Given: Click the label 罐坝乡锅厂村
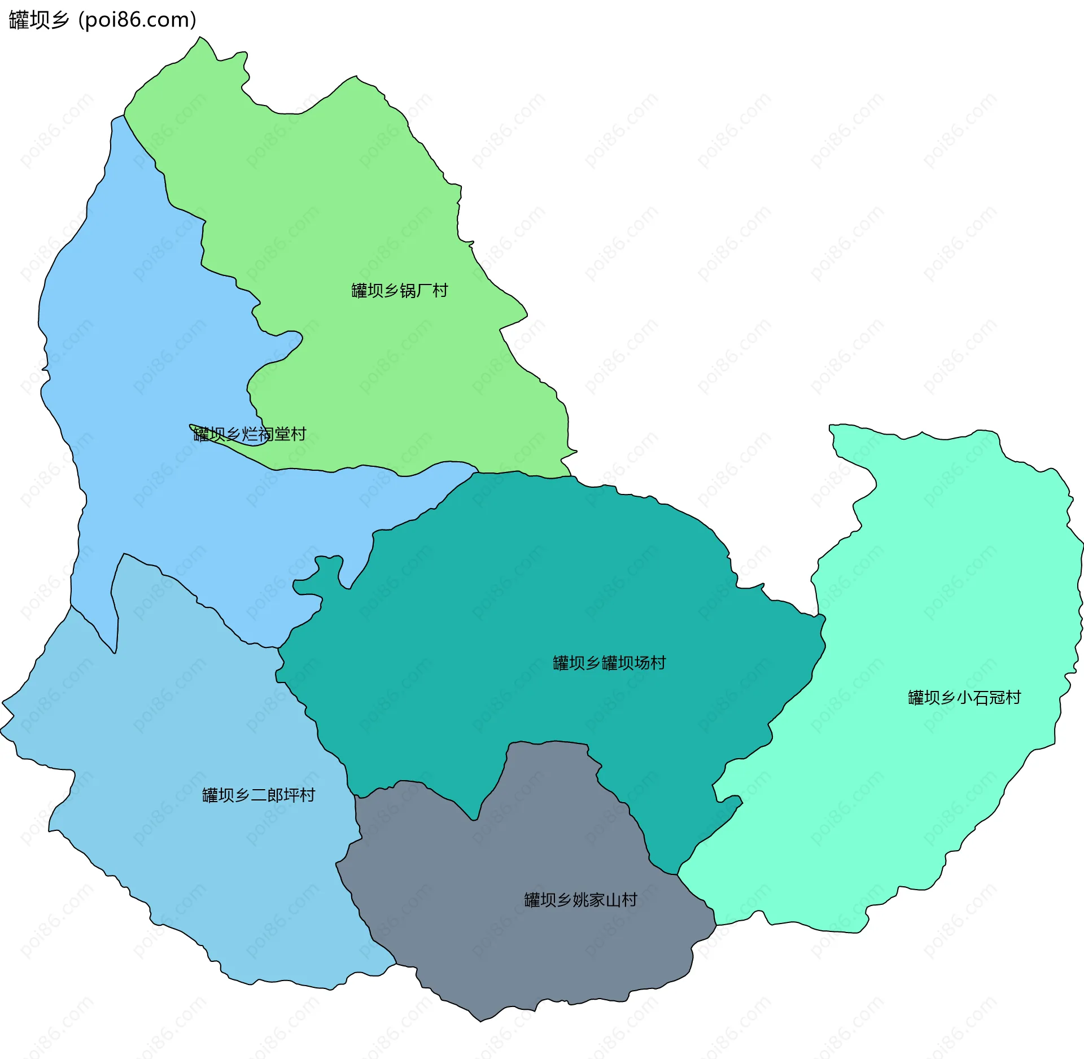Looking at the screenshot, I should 399,291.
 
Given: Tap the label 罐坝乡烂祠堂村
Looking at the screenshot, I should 250,434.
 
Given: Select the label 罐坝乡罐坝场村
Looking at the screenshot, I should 609,663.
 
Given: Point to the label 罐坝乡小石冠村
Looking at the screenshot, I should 964,698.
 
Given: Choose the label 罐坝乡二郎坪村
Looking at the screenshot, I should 259,795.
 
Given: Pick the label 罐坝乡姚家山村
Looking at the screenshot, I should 580,900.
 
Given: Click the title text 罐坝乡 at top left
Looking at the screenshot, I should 39,20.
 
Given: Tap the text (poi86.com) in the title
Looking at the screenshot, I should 138,20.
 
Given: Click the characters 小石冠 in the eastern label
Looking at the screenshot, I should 980,698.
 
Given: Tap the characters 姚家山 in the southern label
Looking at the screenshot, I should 597,900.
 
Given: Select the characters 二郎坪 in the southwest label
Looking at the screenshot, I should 275,795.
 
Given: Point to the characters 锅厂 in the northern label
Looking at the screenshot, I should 416,291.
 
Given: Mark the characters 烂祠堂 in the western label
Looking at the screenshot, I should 266,434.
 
